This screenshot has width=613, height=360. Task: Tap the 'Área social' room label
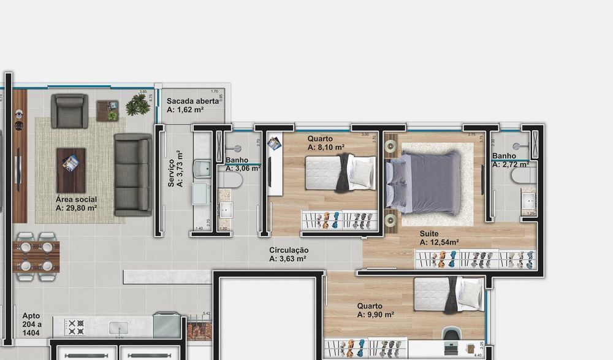point(76,199)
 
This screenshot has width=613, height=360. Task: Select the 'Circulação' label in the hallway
point(288,250)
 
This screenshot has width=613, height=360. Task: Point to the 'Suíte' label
point(429,234)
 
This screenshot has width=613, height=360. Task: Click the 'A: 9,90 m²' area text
point(375,315)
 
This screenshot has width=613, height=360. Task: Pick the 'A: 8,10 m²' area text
point(326,147)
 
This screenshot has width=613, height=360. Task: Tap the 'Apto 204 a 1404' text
point(31,324)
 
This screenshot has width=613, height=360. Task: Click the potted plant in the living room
point(137,105)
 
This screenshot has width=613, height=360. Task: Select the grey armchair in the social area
point(69,110)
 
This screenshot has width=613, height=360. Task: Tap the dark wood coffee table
point(71,170)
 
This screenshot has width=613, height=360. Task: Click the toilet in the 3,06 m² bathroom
point(233,179)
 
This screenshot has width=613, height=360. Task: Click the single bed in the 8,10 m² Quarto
point(341,174)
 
